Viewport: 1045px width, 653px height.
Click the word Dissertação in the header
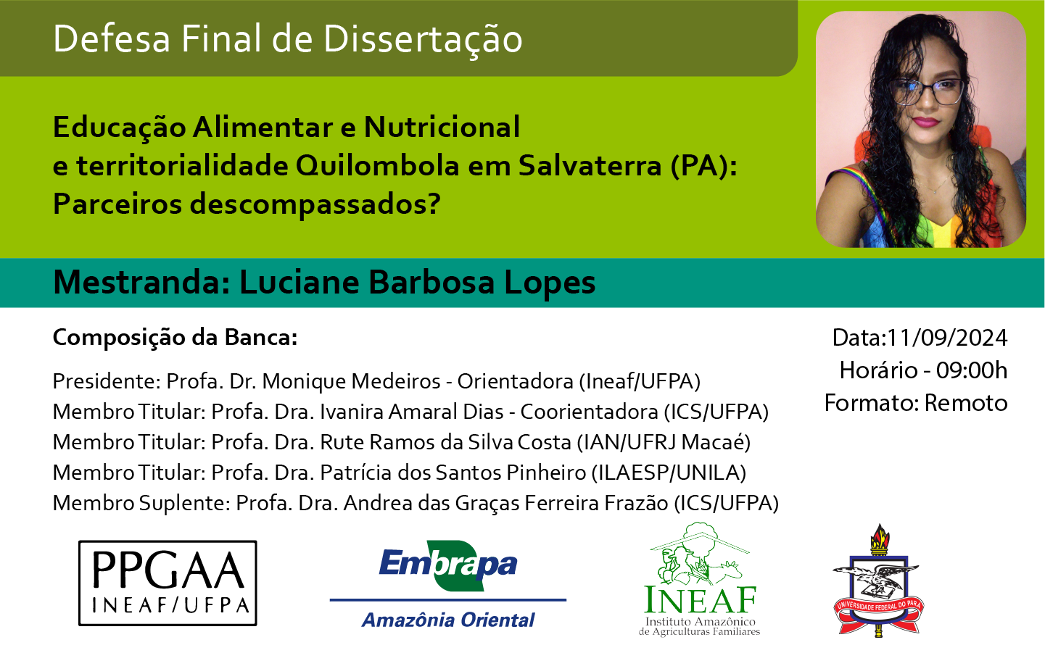point(423,39)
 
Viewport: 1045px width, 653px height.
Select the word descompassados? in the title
point(315,204)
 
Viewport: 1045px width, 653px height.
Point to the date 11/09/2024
point(947,338)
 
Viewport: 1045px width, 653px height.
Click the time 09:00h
point(972,370)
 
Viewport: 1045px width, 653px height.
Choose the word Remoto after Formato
point(966,403)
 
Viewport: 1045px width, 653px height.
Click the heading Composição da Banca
point(175,338)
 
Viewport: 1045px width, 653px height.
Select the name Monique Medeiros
point(351,382)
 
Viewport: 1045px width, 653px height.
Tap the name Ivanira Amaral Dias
point(411,412)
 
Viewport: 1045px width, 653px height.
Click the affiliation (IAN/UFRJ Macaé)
point(664,442)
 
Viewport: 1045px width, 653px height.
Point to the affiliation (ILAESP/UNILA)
point(669,473)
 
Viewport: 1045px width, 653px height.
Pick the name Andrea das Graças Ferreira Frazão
point(505,504)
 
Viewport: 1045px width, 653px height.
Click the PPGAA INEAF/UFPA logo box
point(168,583)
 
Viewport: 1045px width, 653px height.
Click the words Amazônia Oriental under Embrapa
point(448,620)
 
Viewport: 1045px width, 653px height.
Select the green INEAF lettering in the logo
point(700,600)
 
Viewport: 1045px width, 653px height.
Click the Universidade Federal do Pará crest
point(879,581)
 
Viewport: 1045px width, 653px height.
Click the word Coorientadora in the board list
point(589,412)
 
